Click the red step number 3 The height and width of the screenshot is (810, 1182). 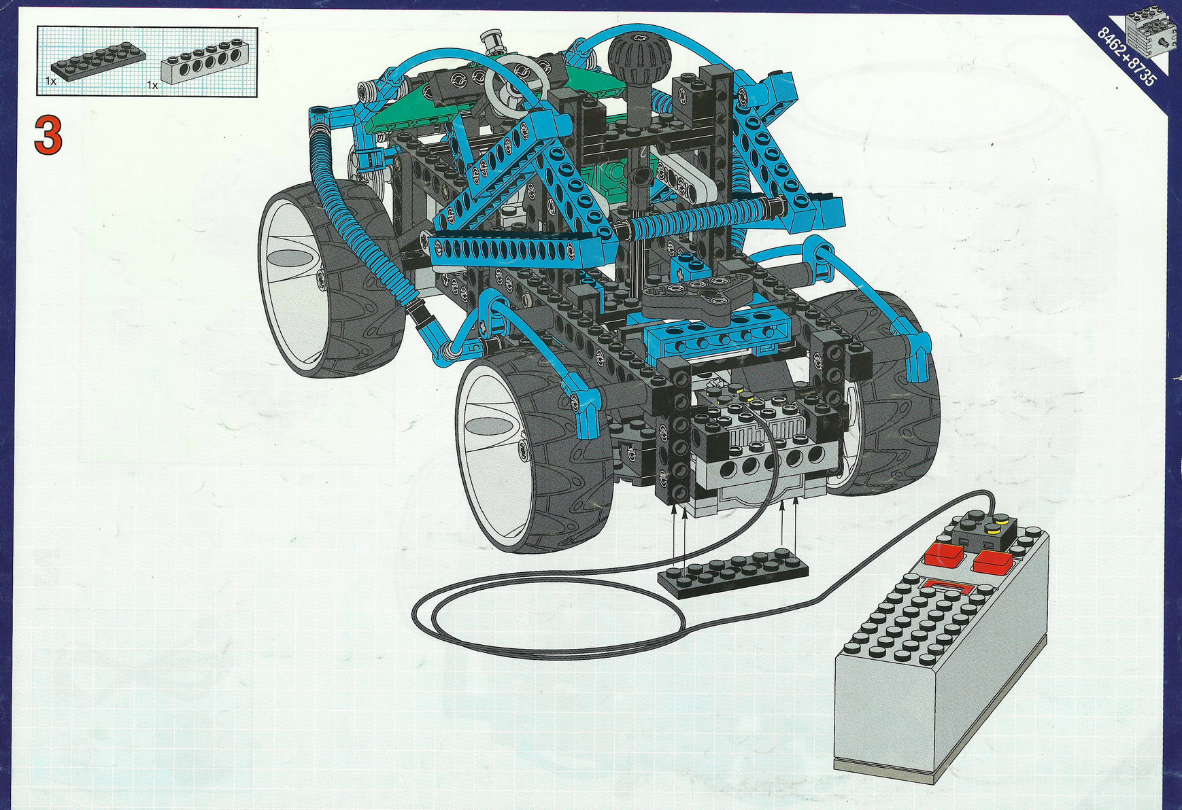click(48, 135)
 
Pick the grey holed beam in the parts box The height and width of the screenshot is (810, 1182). click(208, 63)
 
